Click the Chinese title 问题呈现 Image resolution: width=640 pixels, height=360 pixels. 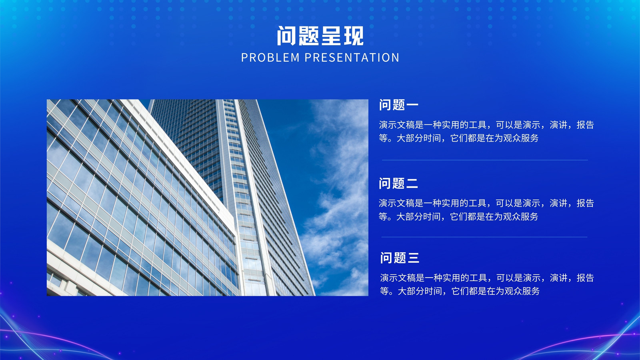coord(320,36)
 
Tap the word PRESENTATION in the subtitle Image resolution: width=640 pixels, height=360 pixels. coord(352,58)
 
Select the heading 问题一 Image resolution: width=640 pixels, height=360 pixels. coord(398,105)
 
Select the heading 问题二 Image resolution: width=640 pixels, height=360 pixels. coord(398,183)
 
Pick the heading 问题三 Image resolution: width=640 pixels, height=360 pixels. coord(400,258)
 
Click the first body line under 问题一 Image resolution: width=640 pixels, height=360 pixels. coord(486,125)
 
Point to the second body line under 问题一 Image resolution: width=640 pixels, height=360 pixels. coord(458,138)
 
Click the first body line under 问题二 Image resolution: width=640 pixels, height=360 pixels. coord(486,203)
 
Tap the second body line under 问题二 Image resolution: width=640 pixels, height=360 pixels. coord(458,216)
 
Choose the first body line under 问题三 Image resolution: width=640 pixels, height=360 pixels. coord(487,278)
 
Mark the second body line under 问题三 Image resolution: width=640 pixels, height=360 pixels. coord(460,291)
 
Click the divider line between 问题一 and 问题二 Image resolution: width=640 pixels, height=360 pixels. coord(485,160)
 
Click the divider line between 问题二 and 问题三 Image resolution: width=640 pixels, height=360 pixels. coord(484,237)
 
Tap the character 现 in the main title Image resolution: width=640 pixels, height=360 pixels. coord(354,36)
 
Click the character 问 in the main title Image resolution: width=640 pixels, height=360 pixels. coord(286,36)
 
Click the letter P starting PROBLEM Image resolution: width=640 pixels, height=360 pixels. coord(244,58)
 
